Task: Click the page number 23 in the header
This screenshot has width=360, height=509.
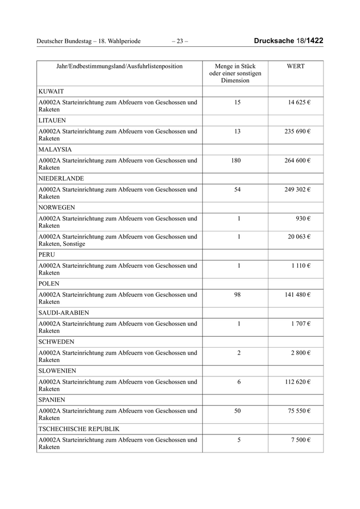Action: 179,41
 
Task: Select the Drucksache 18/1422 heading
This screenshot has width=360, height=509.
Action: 289,41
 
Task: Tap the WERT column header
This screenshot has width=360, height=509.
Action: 295,66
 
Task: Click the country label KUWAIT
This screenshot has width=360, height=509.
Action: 51,92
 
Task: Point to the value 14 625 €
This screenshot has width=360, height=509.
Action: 299,102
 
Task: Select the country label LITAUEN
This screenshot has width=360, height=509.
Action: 52,120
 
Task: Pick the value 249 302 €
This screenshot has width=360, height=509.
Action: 297,189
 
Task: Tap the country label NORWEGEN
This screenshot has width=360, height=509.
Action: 57,208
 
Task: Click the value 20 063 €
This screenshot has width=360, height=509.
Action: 299,237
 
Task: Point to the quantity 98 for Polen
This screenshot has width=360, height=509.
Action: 237,295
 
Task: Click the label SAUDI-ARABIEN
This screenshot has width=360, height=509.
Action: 63,313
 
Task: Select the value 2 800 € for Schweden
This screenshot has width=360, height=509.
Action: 300,353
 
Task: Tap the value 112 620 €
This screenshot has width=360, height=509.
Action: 297,382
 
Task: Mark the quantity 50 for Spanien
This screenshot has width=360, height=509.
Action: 237,411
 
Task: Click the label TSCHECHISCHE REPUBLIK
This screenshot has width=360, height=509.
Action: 79,429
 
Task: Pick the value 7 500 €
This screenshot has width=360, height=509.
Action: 300,440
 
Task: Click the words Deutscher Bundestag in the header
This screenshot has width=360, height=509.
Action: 66,41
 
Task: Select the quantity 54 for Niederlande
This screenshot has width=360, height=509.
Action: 237,189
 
